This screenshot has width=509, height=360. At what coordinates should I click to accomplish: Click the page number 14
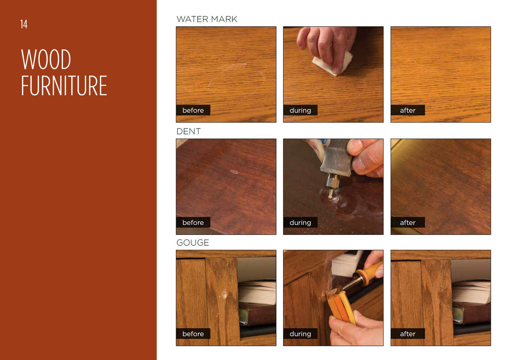(x=24, y=24)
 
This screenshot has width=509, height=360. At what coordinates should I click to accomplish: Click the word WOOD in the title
(x=46, y=59)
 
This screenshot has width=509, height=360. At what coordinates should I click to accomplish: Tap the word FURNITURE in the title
(x=64, y=86)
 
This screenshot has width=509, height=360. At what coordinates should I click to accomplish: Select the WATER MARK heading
(x=207, y=19)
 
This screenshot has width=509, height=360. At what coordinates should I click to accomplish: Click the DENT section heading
(x=189, y=131)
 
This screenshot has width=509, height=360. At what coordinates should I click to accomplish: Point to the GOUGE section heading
(x=193, y=243)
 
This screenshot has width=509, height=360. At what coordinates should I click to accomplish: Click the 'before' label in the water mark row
(x=193, y=110)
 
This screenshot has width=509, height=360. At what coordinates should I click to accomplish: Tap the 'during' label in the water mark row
(x=300, y=110)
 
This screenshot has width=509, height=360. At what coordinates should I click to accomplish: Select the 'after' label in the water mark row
(x=408, y=110)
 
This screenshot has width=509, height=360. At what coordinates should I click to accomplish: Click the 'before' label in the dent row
(x=193, y=222)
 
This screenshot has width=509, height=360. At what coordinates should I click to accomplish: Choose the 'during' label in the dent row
(x=300, y=222)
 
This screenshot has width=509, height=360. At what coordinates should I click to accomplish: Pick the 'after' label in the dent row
(x=408, y=222)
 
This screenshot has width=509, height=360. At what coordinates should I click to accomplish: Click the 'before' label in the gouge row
(x=193, y=334)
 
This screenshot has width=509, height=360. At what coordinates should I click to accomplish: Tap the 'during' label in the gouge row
(x=300, y=334)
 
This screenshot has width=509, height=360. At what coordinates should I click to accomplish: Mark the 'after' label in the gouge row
(x=408, y=334)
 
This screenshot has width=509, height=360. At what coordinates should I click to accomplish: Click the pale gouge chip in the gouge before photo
(x=224, y=294)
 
